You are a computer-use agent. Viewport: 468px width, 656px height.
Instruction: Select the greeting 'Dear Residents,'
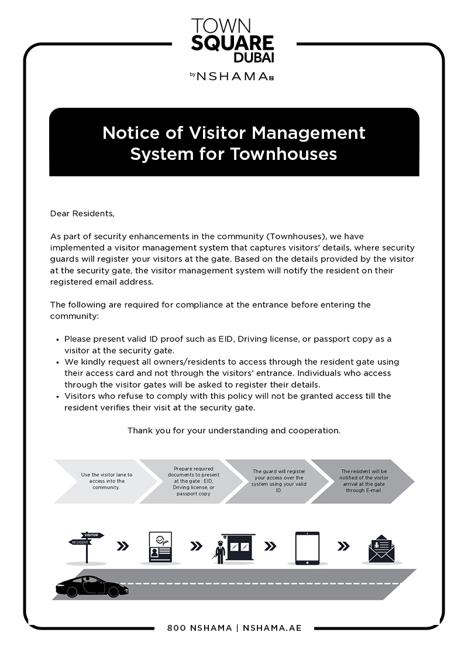(x=82, y=213)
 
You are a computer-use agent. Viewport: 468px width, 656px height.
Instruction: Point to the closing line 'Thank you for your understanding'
(x=233, y=430)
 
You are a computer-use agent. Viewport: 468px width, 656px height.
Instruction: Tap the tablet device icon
(x=307, y=548)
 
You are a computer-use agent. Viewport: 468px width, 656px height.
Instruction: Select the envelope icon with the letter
(x=381, y=549)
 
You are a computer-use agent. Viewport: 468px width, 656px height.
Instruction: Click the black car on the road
(x=91, y=585)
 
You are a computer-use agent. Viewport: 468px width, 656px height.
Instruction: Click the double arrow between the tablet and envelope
(x=343, y=546)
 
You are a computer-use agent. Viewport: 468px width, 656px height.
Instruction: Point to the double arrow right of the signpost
(x=123, y=546)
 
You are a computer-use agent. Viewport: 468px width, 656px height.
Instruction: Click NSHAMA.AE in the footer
(x=271, y=628)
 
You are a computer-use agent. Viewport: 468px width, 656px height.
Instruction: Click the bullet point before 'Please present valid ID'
(x=57, y=339)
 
